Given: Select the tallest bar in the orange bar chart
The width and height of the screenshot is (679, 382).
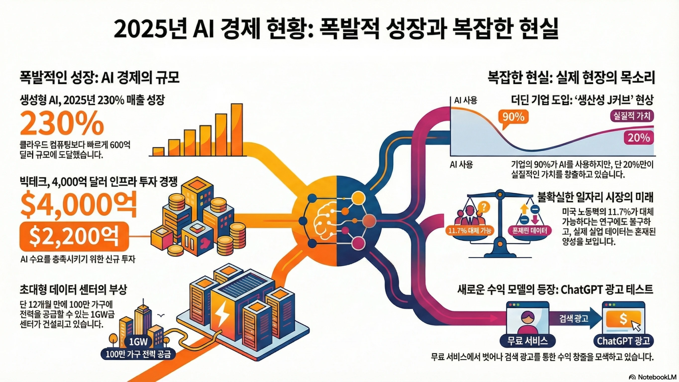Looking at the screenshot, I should (237, 130).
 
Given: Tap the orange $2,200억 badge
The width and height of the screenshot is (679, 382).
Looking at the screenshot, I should (74, 236).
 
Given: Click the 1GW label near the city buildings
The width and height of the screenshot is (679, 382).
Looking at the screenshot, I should (138, 341).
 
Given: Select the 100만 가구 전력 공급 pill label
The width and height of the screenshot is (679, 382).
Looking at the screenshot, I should (138, 354).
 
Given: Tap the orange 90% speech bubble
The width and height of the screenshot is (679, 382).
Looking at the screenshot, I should (513, 117).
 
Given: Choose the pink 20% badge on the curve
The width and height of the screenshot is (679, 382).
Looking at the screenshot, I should (639, 138).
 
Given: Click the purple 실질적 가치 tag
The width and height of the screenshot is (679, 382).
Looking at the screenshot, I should (632, 116).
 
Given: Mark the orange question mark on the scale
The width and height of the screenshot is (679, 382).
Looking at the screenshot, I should (483, 207).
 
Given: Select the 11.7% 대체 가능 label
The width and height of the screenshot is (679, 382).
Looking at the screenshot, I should (470, 231).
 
